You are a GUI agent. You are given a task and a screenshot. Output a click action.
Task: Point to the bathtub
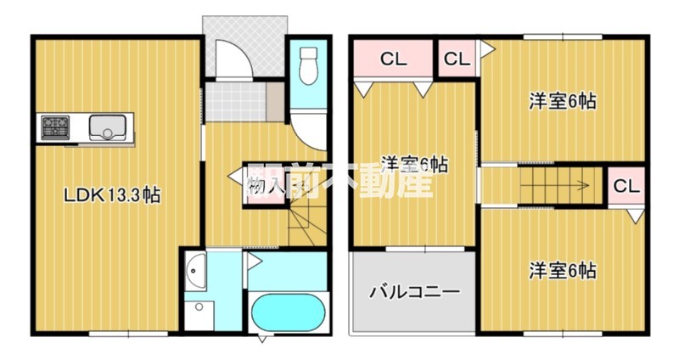point(289,312)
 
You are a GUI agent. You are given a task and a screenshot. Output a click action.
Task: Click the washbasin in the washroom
point(195,272)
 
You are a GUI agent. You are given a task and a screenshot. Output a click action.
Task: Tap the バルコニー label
point(414,292)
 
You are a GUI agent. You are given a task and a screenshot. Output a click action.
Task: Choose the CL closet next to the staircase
point(626,186)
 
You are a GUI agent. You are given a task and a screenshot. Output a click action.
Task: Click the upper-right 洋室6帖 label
point(563,101)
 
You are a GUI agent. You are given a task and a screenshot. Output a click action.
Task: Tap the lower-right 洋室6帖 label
point(563,271)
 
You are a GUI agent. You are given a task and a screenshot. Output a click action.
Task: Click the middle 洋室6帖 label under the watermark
point(414,164)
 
